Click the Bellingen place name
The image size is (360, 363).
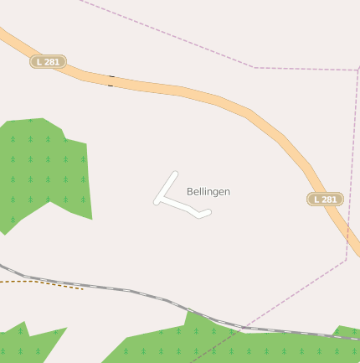coord(208,192)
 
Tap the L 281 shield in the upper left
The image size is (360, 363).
coord(49,61)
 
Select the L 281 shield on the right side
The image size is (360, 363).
coord(325,199)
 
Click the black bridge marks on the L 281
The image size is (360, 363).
coord(111,80)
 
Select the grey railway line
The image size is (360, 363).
coord(126,290)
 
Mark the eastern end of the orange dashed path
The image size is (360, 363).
coord(83,289)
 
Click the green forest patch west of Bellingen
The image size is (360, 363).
coord(46,172)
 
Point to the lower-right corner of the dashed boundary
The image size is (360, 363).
coord(346,260)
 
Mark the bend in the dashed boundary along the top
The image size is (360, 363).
coord(254,66)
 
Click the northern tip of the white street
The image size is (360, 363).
coord(176,174)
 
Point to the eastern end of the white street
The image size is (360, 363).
coord(208,213)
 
